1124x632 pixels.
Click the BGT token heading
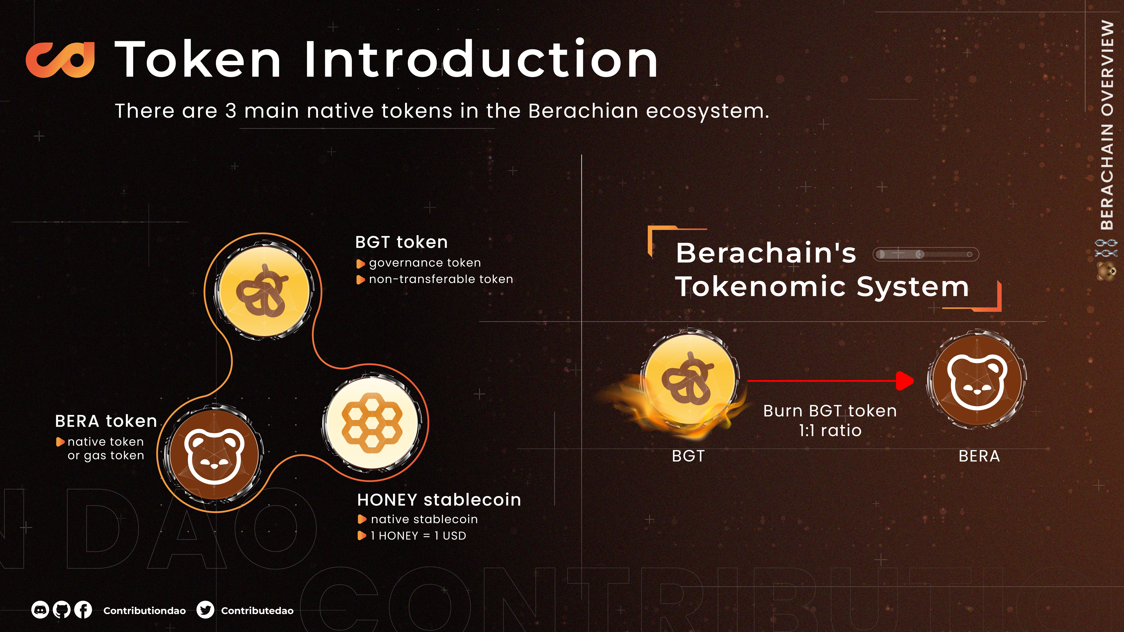(401, 242)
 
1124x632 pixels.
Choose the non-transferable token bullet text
(441, 279)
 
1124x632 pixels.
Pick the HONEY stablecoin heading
(439, 500)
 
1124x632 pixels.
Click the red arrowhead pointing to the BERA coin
(905, 381)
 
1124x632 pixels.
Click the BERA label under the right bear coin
(979, 456)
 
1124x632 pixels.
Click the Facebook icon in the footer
(83, 610)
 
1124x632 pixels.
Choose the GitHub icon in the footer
(62, 610)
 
